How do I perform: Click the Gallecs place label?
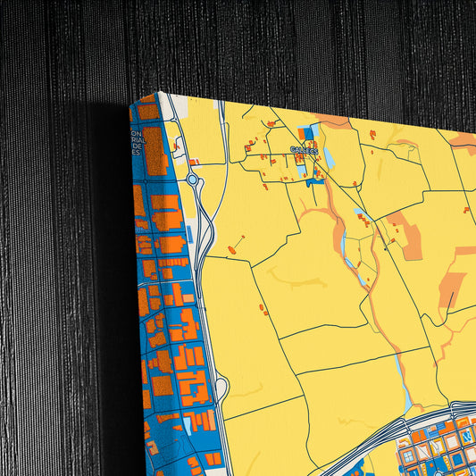(x=304, y=150)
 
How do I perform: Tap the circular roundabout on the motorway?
(x=193, y=180)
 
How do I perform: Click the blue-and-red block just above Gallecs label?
(x=308, y=135)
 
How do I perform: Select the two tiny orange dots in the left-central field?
(x=263, y=310)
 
